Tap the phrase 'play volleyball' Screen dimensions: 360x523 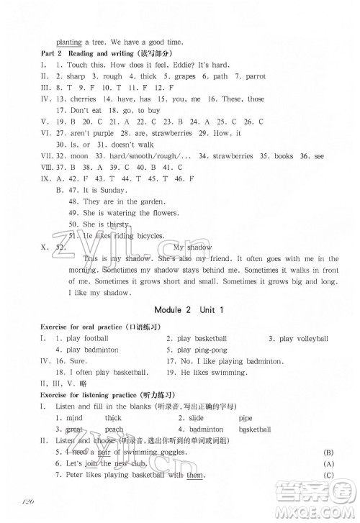click(302, 338)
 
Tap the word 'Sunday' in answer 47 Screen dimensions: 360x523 click(111, 190)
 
